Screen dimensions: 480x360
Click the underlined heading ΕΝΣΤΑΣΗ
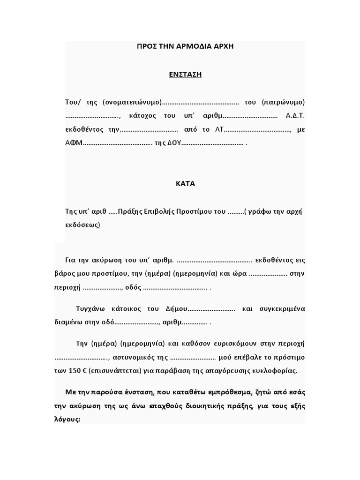(x=185, y=75)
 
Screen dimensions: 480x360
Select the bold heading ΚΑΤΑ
(x=185, y=184)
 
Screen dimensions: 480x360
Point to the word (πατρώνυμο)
(x=284, y=102)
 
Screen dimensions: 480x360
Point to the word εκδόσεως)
(x=82, y=225)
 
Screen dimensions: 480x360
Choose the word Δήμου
(x=175, y=309)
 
